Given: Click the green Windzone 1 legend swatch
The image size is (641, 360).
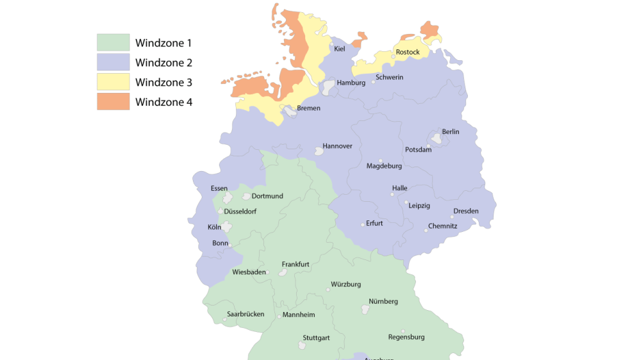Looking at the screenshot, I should (x=113, y=43).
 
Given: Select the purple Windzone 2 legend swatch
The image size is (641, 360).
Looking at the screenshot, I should (x=113, y=62).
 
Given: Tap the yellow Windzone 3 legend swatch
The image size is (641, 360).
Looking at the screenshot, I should (x=113, y=82).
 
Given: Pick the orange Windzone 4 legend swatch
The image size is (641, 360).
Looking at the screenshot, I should (x=113, y=101).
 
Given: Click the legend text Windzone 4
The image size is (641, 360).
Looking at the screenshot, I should (x=163, y=101).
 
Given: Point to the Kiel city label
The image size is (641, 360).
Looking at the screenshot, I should (x=339, y=49).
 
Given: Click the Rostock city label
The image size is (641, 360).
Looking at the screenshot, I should (x=408, y=52).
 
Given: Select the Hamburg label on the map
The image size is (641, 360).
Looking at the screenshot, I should (x=351, y=83).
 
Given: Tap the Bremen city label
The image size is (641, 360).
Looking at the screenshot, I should (x=308, y=108).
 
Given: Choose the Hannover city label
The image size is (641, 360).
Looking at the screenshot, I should (x=337, y=146).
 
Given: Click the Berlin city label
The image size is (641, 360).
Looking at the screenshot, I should (x=451, y=132).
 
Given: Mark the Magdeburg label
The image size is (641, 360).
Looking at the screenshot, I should (x=384, y=166).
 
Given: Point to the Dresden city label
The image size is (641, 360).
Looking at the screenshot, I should (x=465, y=211).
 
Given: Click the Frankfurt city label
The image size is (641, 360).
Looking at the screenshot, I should (x=296, y=264).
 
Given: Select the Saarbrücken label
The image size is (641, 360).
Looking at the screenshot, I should (x=246, y=315).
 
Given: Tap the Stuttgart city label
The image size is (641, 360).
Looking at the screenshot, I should (x=316, y=338).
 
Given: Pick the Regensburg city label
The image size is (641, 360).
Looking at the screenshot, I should (x=406, y=337).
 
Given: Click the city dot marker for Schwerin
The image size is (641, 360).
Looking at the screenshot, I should (x=373, y=83).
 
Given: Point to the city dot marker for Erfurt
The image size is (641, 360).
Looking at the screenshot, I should (x=363, y=224).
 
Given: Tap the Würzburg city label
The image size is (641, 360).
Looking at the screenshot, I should (x=346, y=284).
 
